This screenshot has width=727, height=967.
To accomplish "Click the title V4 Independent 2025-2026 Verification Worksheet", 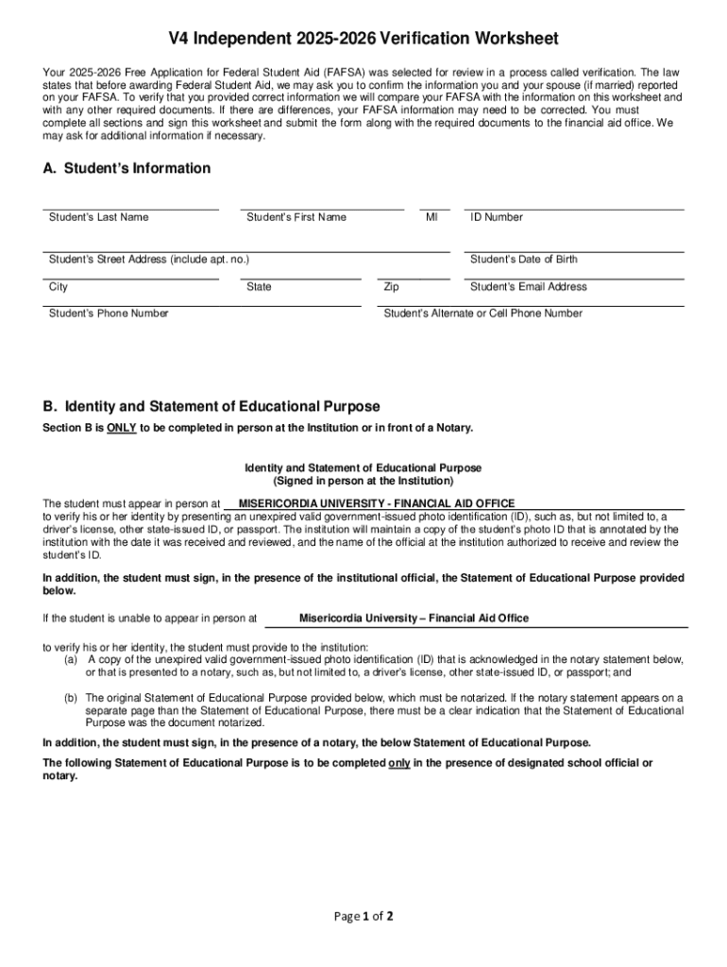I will [x=363, y=39].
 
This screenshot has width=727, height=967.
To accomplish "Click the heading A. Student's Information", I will [x=127, y=168].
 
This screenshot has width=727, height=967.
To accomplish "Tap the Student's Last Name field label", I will [x=98, y=217].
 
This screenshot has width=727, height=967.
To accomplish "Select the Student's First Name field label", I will [x=296, y=217].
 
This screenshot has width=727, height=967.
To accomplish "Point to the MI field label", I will [x=431, y=217].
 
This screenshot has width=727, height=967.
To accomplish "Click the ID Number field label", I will [x=497, y=217].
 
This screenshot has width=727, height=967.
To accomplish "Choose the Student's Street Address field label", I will [x=148, y=260].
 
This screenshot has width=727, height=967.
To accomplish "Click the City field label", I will [x=59, y=287].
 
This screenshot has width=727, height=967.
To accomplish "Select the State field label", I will [x=259, y=287].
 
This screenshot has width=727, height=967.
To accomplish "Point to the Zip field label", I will [x=392, y=287].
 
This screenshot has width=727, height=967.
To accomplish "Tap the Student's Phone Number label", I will [x=109, y=314].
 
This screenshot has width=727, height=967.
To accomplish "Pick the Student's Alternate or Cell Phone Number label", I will [x=483, y=314].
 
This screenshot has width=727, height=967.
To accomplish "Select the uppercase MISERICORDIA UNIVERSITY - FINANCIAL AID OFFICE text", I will [x=377, y=503].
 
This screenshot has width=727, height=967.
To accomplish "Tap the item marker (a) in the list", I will [x=71, y=659].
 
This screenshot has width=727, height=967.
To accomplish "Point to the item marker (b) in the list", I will [x=71, y=698].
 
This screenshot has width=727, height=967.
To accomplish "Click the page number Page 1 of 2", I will [x=363, y=916].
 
